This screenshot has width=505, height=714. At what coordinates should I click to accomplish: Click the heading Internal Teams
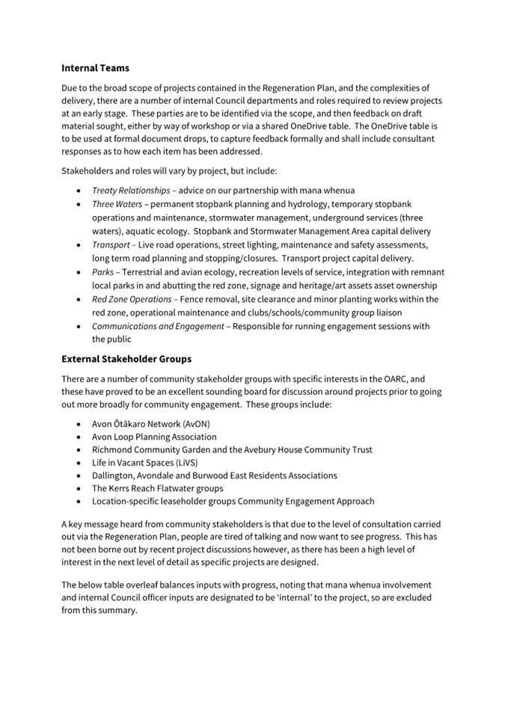95,68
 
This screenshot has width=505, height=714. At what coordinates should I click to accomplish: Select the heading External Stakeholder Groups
126,359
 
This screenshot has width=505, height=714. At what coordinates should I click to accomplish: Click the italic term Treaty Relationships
130,191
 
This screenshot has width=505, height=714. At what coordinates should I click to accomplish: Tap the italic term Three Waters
117,204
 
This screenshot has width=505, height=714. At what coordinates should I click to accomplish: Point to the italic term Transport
111,244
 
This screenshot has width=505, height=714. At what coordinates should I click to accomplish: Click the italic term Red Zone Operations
131,299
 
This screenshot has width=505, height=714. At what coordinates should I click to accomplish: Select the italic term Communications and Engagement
157,326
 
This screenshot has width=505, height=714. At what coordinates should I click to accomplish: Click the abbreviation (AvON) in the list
193,423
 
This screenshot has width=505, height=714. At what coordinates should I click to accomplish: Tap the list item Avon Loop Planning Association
154,437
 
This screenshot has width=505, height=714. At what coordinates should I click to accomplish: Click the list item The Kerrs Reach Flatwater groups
157,488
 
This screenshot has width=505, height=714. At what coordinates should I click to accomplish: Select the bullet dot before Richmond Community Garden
80,450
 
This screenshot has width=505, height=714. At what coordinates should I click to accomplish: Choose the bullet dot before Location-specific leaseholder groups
80,502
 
